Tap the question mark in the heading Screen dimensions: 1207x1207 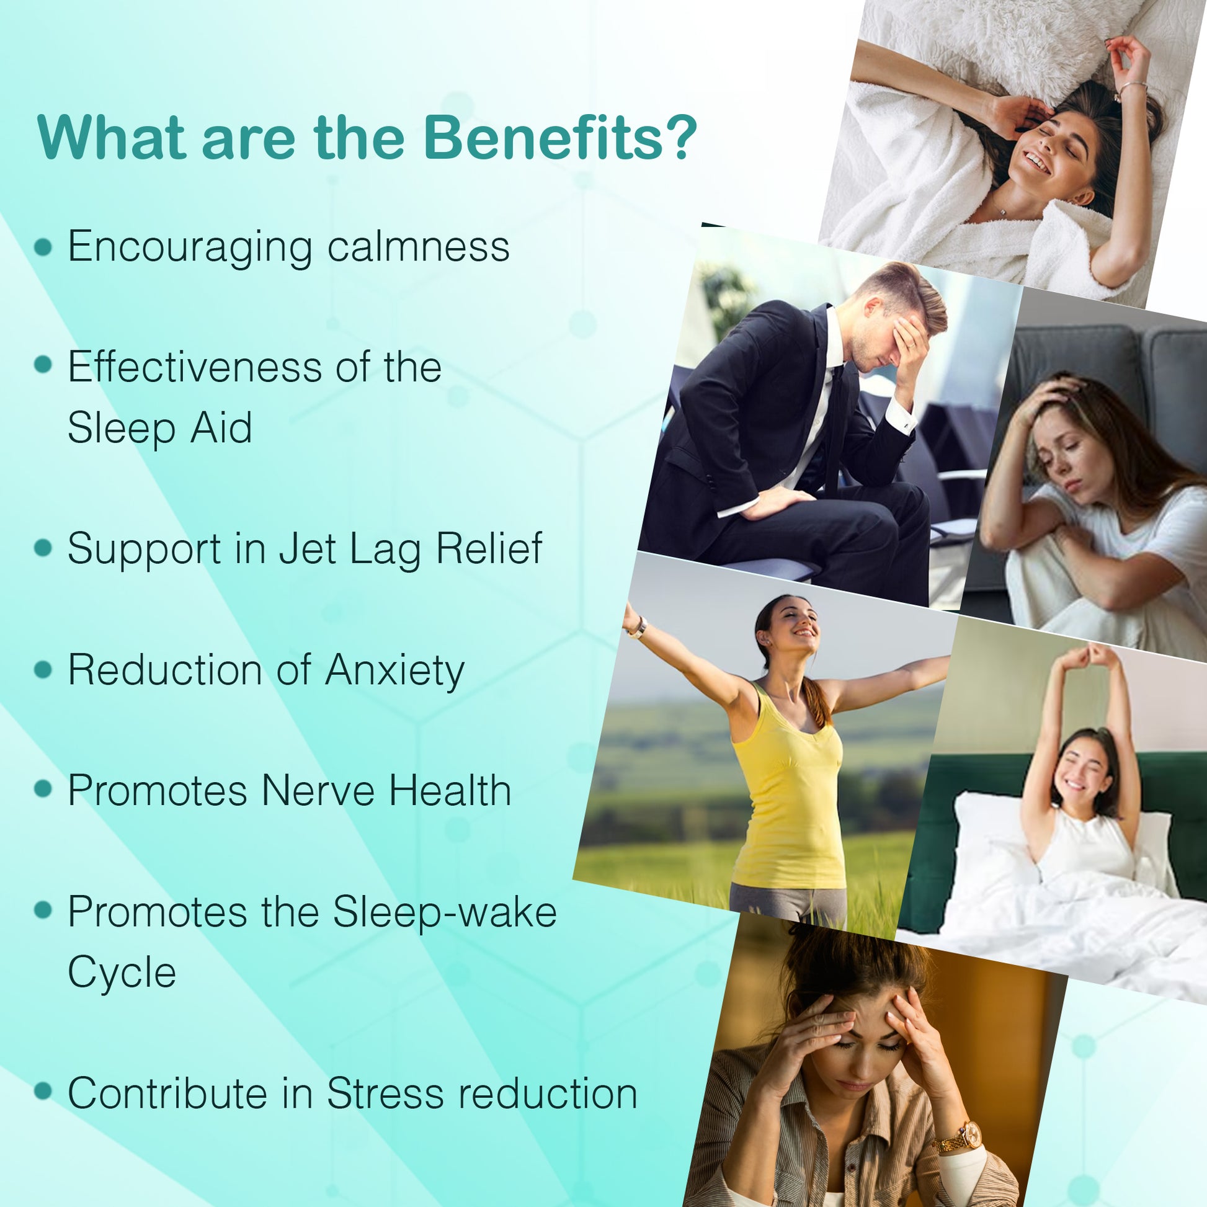[x=680, y=137]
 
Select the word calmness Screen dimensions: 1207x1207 [x=418, y=246]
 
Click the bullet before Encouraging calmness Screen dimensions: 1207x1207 [x=43, y=246]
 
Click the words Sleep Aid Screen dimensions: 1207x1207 [x=160, y=428]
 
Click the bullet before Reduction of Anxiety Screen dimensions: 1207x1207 [x=43, y=670]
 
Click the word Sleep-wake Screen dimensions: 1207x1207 [x=444, y=913]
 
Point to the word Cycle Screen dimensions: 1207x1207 [x=122, y=973]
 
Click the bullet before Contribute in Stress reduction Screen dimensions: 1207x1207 [x=43, y=1093]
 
